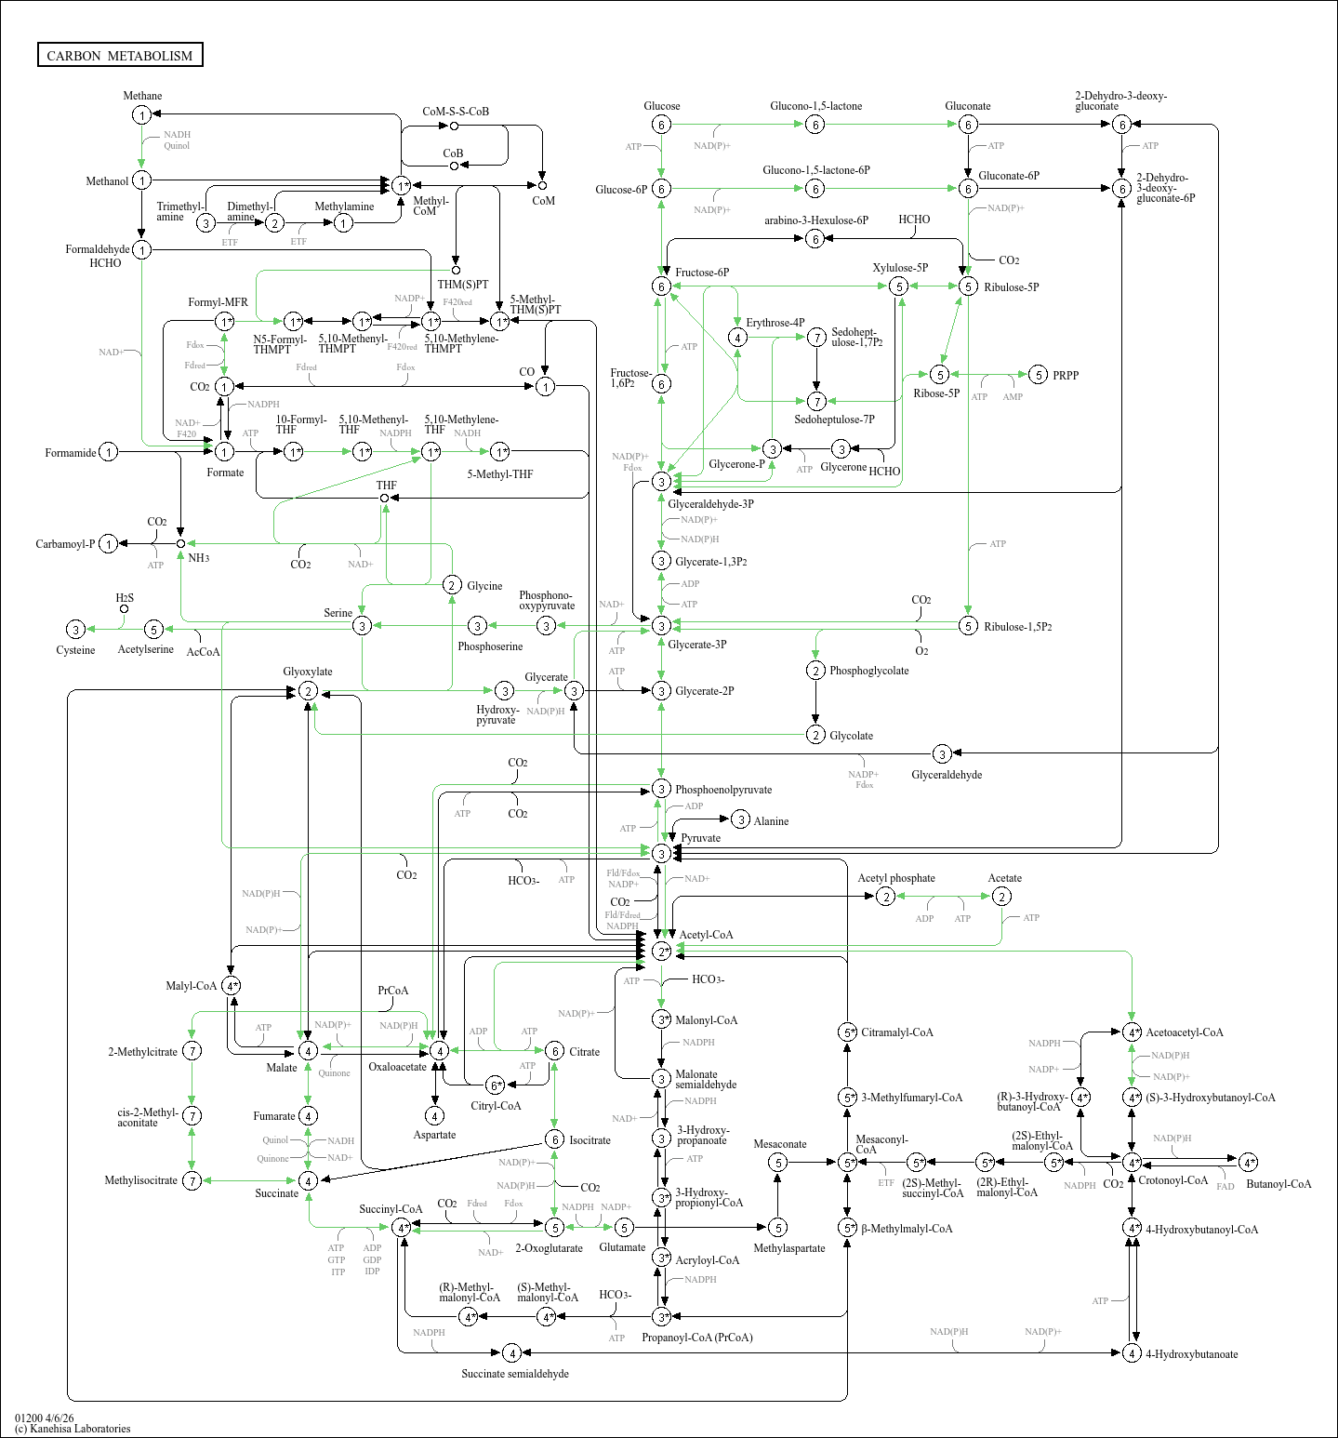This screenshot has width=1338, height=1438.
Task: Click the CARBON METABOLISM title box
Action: click(120, 55)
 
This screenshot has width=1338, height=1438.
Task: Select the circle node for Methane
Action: click(141, 114)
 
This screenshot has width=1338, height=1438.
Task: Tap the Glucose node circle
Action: click(661, 125)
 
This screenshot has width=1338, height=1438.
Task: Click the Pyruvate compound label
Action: click(700, 838)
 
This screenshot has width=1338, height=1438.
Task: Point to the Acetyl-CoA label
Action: click(706, 935)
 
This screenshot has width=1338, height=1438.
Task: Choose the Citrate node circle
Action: click(554, 1051)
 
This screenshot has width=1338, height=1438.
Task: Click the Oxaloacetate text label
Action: click(397, 1067)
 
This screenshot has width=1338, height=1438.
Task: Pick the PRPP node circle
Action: click(1039, 375)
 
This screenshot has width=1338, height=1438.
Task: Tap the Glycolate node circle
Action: click(815, 735)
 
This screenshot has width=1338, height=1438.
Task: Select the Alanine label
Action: click(771, 821)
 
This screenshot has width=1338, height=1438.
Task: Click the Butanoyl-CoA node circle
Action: click(1249, 1162)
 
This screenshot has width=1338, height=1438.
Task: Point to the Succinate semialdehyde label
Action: click(515, 1374)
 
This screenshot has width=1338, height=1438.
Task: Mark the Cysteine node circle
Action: click(76, 630)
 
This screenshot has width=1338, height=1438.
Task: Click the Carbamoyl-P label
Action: click(65, 544)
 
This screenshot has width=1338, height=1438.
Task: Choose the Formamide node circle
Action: click(109, 452)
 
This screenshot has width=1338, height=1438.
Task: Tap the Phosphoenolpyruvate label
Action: click(723, 790)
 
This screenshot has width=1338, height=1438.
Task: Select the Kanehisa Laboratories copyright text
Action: click(73, 1429)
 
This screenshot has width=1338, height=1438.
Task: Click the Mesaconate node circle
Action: click(778, 1162)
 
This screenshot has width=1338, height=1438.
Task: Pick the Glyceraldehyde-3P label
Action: click(710, 504)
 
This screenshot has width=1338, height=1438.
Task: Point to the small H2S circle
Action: click(124, 609)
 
